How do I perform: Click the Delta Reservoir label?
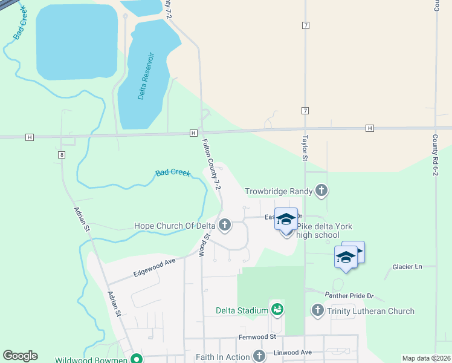coord(144,76)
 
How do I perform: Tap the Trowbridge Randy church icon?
coord(321,191)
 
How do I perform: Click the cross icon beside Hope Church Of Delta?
coord(225,226)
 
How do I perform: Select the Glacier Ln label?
coord(407,267)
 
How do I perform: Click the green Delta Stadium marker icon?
coord(277,310)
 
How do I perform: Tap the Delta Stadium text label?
coord(242,311)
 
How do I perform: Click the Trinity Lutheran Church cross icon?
coord(318,311)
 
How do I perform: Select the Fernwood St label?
coord(257,336)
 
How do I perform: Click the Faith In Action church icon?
coord(259,356)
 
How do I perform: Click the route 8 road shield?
coord(62,155)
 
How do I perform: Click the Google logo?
coord(20,356)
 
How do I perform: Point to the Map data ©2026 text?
coord(426,358)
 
